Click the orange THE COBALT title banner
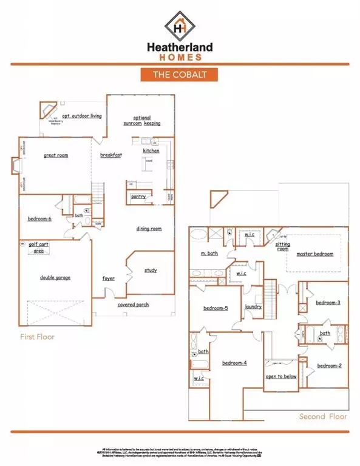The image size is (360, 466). pyautogui.click(x=180, y=74)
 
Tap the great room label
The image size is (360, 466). pyautogui.click(x=56, y=155)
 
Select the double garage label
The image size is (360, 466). pyautogui.click(x=55, y=277)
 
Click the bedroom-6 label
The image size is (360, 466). pyautogui.click(x=39, y=218)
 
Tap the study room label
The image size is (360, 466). pyautogui.click(x=151, y=270)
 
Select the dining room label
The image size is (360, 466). pyautogui.click(x=148, y=229)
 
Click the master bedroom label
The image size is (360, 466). pyautogui.click(x=314, y=254)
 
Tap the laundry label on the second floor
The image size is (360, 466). pyautogui.click(x=253, y=307)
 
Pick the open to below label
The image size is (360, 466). pyautogui.click(x=280, y=376)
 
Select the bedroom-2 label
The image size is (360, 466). pyautogui.click(x=330, y=365)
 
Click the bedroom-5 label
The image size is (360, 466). pyautogui.click(x=216, y=308)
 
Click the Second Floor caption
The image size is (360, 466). pyautogui.click(x=322, y=417)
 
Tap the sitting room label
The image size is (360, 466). pyautogui.click(x=283, y=246)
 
